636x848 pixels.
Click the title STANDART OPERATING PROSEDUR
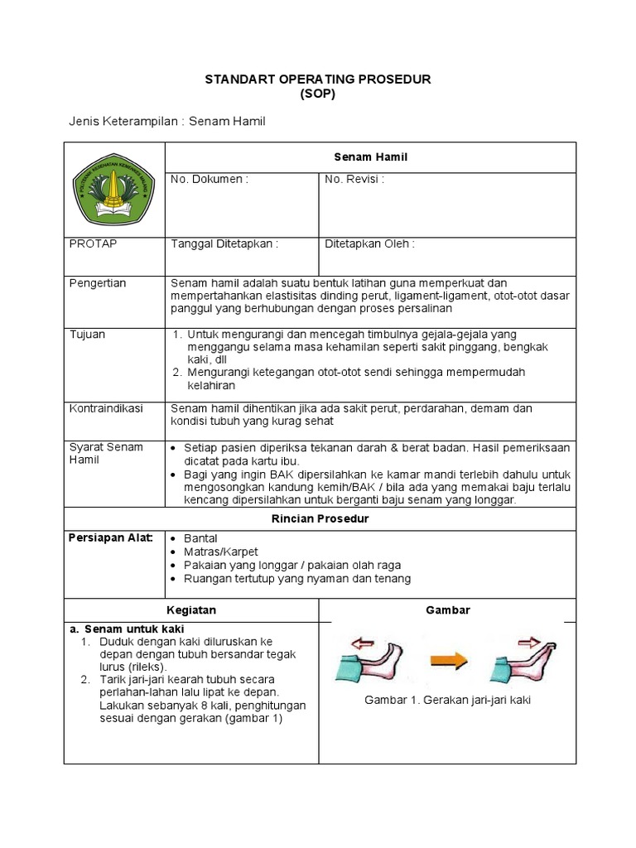(x=318, y=79)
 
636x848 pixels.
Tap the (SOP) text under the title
(x=318, y=94)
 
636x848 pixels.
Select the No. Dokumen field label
(x=210, y=179)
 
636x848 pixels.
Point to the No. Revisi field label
(x=354, y=179)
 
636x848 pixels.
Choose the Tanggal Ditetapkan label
(x=224, y=243)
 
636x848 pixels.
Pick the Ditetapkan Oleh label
(x=369, y=243)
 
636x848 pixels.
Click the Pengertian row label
(x=98, y=283)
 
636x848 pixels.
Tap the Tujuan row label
(x=87, y=334)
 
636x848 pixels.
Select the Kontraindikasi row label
(x=106, y=408)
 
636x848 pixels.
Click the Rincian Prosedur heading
(x=320, y=518)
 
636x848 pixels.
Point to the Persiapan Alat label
(x=111, y=538)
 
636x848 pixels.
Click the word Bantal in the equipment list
(x=201, y=538)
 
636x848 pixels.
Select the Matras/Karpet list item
(x=221, y=552)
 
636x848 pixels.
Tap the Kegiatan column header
(x=191, y=609)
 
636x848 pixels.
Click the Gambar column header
(x=447, y=609)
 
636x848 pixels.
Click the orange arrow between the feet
(x=447, y=661)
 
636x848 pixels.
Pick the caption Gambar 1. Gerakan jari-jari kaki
(x=447, y=700)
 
